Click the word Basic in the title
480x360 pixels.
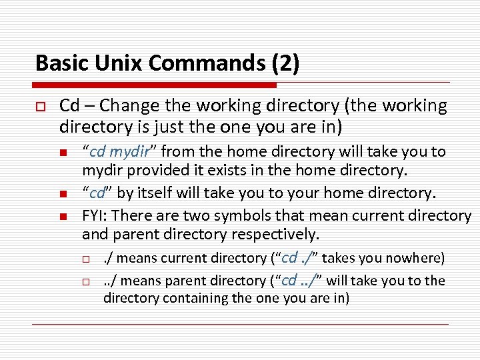pyautogui.click(x=61, y=63)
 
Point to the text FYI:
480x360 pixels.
pyautogui.click(x=96, y=215)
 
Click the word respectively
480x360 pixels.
pyautogui.click(x=275, y=235)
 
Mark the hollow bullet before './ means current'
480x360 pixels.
pyautogui.click(x=86, y=259)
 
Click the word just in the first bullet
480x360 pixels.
pyautogui.click(x=169, y=125)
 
